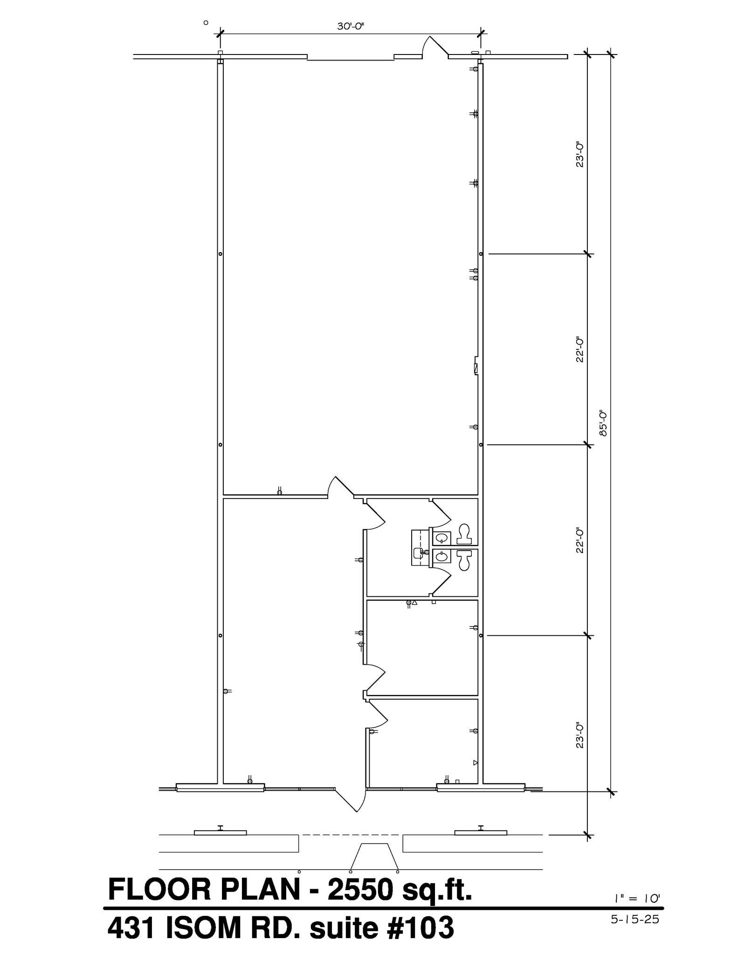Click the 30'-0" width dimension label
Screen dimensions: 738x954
[350, 27]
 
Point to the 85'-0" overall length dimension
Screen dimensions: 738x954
[604, 423]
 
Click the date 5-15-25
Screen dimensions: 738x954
[635, 920]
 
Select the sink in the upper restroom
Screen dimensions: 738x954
[441, 538]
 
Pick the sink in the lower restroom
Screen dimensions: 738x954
[441, 556]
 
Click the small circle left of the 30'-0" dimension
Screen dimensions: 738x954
[206, 22]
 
